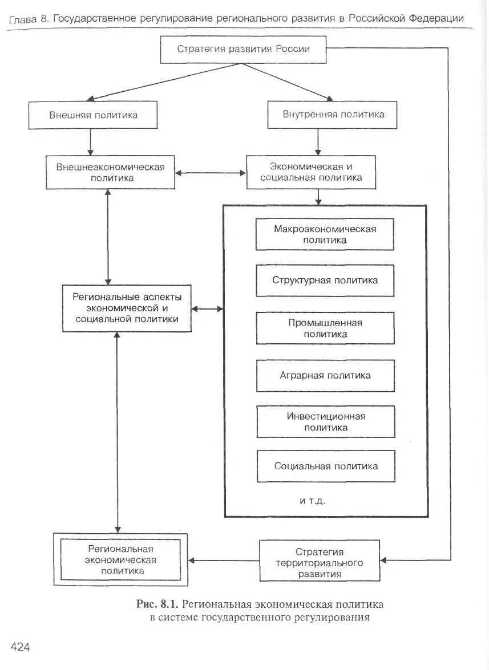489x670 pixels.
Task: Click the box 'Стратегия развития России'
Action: tap(243, 50)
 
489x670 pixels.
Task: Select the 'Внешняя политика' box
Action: tap(93, 115)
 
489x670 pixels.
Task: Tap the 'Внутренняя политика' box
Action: tap(332, 115)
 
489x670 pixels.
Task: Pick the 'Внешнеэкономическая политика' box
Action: tap(110, 172)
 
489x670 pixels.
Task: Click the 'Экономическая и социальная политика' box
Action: tap(311, 172)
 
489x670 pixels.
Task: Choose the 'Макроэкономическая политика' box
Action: tap(325, 234)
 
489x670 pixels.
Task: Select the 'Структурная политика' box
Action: tap(325, 281)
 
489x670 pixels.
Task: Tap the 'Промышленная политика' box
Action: tap(325, 328)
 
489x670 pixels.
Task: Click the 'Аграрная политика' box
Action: tap(325, 376)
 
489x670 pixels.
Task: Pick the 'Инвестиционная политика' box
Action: tap(326, 422)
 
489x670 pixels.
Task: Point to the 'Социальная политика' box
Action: tap(326, 466)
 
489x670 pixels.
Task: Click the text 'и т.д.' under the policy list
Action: tap(313, 501)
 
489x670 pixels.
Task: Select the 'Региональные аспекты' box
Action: tap(127, 308)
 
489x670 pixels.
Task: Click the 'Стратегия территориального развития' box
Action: tap(320, 561)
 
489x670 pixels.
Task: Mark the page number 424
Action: tap(20, 647)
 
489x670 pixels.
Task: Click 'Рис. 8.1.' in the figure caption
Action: tap(157, 604)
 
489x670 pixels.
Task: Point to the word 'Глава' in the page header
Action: tap(23, 19)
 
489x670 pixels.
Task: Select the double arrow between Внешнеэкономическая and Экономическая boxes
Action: tap(211, 173)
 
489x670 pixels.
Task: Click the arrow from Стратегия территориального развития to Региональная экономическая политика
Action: tap(224, 561)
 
